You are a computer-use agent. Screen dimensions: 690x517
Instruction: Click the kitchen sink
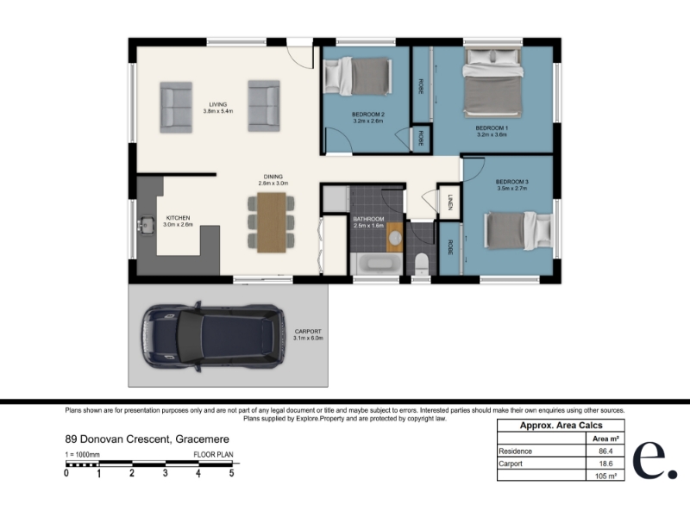coord(146,225)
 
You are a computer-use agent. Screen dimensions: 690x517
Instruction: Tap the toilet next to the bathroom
coord(422,264)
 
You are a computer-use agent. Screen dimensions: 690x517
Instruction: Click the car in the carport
coord(213,336)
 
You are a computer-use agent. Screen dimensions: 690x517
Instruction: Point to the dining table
coord(272,222)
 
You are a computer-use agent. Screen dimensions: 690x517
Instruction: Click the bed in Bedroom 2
coord(357,77)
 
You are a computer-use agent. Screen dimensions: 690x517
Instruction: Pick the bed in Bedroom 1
coord(492,83)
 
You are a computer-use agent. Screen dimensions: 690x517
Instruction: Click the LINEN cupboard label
coord(450,202)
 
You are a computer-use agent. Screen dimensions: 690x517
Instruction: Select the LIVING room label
coord(218,104)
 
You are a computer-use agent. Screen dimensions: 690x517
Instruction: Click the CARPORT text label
coord(308,332)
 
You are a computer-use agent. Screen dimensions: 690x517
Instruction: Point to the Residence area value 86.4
coord(605,451)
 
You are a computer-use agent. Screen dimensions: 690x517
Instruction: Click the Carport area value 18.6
coord(605,464)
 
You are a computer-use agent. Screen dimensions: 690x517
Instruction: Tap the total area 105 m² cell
coord(605,476)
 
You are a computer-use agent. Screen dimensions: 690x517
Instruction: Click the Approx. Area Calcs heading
coord(561,425)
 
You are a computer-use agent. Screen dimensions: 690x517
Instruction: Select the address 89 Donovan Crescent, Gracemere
coord(147,439)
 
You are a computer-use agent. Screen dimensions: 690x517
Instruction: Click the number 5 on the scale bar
coord(231,473)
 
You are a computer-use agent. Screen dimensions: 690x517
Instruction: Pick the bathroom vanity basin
coord(395,238)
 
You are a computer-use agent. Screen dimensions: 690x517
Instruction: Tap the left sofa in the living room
coord(176,107)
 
